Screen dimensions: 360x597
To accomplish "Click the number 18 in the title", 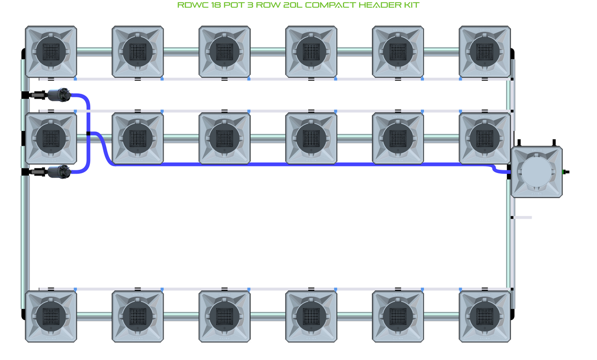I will (x=216, y=5).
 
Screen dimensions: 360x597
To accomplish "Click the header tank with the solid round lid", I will (x=536, y=172).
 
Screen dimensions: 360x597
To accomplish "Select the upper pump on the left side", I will (x=59, y=95).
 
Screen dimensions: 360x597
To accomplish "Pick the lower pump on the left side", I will (x=59, y=172).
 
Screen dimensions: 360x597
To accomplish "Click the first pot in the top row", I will (x=51, y=52).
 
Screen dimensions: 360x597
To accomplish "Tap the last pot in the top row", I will (x=485, y=52).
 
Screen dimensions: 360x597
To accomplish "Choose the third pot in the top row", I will (x=224, y=52).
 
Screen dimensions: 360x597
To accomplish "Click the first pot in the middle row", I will (x=51, y=139).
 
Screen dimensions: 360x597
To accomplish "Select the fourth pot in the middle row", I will (x=311, y=139).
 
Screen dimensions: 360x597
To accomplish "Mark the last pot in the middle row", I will (x=485, y=139).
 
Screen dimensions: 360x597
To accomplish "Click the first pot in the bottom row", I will (x=51, y=317).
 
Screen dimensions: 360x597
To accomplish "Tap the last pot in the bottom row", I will (x=485, y=317).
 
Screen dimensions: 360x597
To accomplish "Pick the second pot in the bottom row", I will (x=138, y=317).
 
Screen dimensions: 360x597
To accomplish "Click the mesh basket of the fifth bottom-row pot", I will (x=398, y=317).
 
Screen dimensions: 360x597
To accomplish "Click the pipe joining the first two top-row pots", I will (x=94, y=52).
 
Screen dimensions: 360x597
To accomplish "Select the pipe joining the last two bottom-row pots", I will (x=441, y=317).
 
